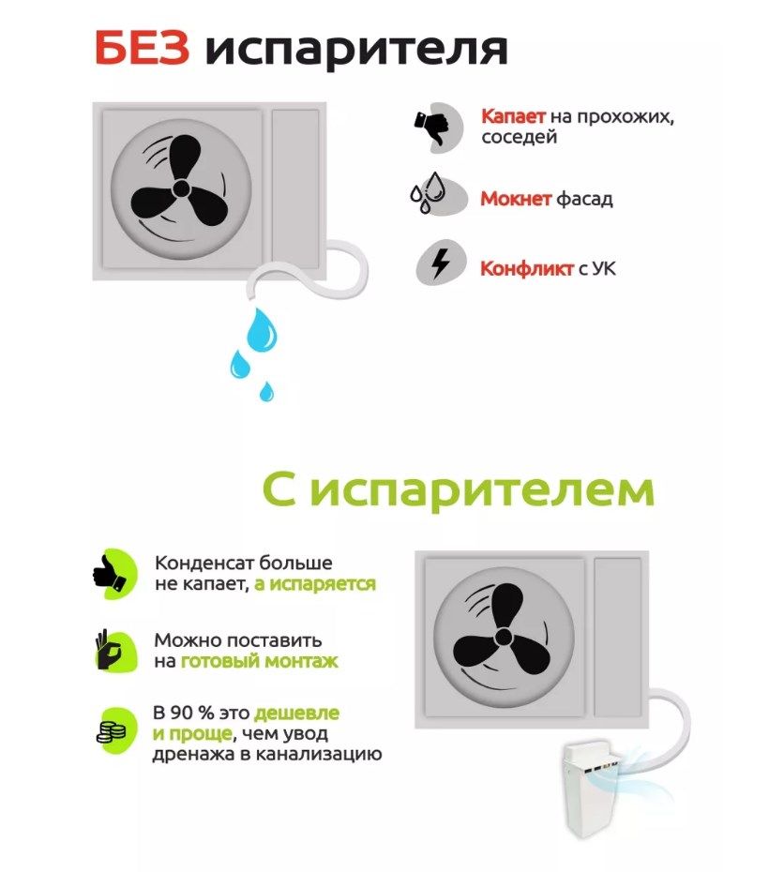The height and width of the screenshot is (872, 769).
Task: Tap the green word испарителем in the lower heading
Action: click(482, 491)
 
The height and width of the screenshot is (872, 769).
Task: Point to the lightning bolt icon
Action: click(441, 262)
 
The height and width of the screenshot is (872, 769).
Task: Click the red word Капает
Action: click(513, 116)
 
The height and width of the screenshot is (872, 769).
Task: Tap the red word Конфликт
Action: click(526, 268)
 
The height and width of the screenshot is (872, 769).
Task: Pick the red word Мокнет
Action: click(516, 199)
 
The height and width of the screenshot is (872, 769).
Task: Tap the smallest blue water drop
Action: click(267, 392)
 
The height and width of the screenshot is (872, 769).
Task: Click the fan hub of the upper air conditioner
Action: click(181, 188)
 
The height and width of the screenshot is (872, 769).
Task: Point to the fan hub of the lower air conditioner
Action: click(504, 637)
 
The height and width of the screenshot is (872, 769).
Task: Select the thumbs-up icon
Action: click(110, 573)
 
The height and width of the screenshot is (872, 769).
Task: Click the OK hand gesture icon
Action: click(109, 650)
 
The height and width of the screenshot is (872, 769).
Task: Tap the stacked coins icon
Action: click(112, 731)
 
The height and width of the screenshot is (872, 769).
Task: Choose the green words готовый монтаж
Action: click(260, 661)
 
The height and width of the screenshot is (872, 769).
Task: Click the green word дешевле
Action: click(296, 713)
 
